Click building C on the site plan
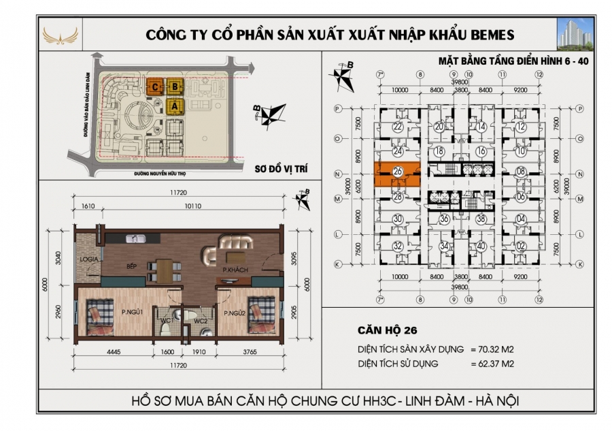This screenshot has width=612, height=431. [x=156, y=86]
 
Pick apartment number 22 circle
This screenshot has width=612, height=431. [x=398, y=127]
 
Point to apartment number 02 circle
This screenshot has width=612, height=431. [x=521, y=246]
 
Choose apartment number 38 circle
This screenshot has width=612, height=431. [x=481, y=219]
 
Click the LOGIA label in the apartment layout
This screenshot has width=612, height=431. [x=86, y=261]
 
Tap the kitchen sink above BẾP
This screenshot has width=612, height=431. [x=135, y=239]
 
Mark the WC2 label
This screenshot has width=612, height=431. [x=201, y=320]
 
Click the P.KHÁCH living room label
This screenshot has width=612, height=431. [x=235, y=271]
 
